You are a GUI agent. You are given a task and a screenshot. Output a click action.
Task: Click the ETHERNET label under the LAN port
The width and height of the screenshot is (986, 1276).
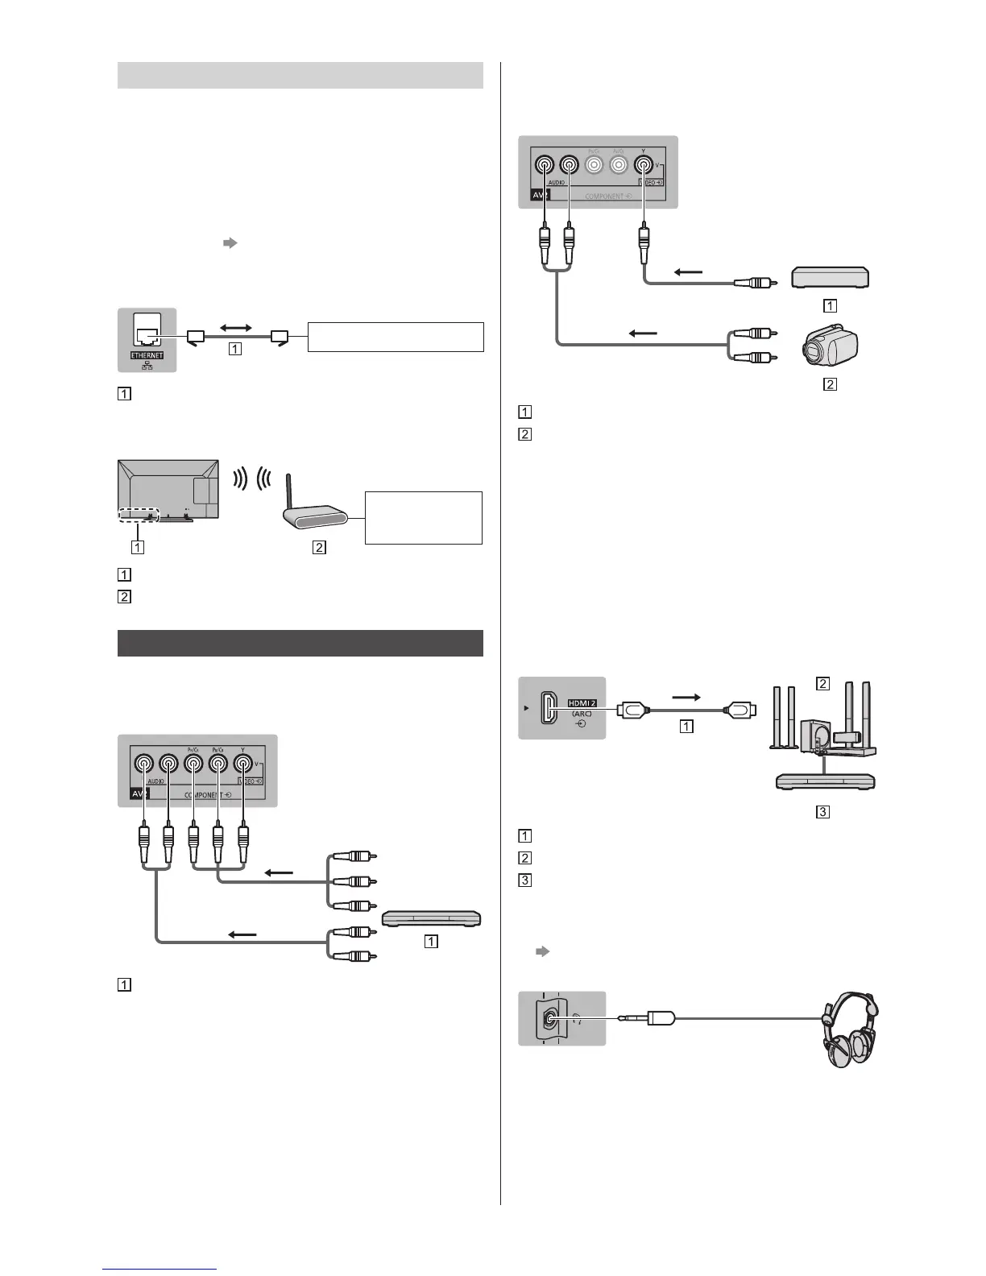tap(147, 355)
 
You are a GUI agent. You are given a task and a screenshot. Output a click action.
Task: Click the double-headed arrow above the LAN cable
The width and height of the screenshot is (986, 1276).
tap(236, 328)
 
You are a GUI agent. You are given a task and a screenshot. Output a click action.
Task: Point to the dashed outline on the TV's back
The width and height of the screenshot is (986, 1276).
tap(139, 514)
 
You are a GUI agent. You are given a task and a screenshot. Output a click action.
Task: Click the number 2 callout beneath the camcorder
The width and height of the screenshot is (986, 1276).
tap(830, 384)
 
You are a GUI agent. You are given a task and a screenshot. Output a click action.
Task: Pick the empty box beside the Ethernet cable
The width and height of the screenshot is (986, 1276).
tap(396, 337)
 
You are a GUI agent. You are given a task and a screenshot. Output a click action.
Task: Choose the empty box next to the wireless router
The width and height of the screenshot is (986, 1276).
tap(424, 517)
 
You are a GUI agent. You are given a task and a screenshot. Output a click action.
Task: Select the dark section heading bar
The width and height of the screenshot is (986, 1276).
tap(300, 644)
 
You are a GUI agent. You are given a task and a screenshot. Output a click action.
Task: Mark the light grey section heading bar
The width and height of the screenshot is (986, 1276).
tap(300, 75)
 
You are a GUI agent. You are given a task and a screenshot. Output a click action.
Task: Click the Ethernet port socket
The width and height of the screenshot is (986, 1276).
tap(147, 336)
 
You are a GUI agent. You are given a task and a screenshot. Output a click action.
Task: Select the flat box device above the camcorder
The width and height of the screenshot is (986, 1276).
tap(831, 277)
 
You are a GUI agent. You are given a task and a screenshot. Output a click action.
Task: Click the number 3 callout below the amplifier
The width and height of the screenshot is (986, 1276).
tap(822, 811)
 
